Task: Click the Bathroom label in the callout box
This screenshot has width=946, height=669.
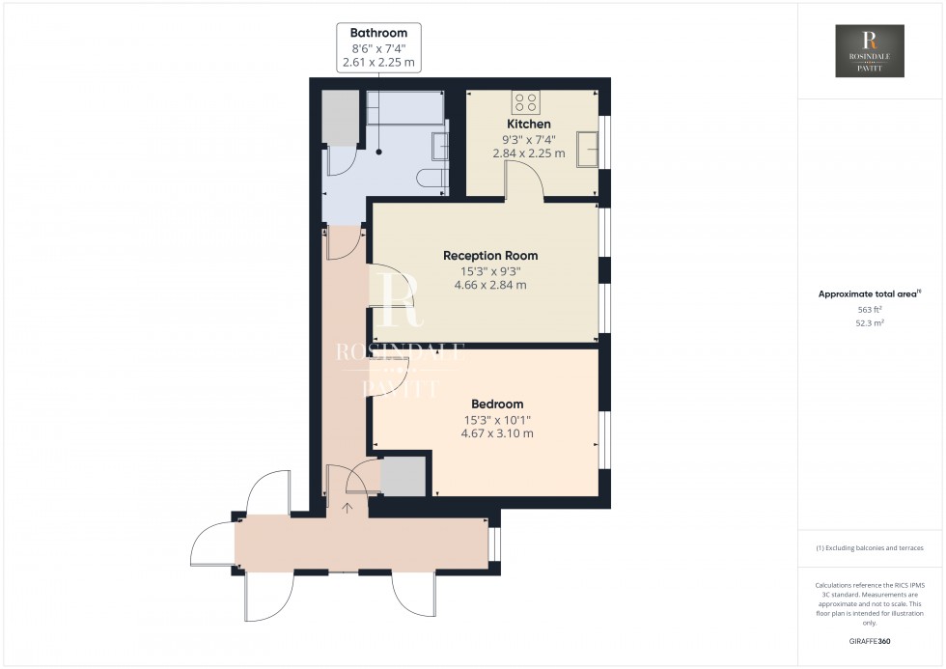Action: pyautogui.click(x=379, y=33)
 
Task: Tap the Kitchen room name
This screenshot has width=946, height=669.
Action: pyautogui.click(x=529, y=125)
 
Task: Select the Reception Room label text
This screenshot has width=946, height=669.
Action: pyautogui.click(x=489, y=256)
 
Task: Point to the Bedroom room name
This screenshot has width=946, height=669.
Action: pyautogui.click(x=497, y=404)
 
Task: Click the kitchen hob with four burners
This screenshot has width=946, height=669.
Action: pyautogui.click(x=525, y=101)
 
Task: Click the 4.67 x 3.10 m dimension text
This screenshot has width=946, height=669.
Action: pyautogui.click(x=497, y=433)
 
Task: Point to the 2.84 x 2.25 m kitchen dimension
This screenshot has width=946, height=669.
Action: pyautogui.click(x=529, y=153)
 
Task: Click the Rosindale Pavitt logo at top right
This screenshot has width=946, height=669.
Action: pyautogui.click(x=870, y=51)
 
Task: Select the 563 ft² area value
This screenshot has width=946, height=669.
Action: pyautogui.click(x=870, y=309)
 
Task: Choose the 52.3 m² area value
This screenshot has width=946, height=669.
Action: pyautogui.click(x=870, y=323)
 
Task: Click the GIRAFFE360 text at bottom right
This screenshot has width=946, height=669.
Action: pyautogui.click(x=870, y=641)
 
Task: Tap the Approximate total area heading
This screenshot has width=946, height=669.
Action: pyautogui.click(x=870, y=293)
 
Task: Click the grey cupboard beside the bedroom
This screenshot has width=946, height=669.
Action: pyautogui.click(x=403, y=476)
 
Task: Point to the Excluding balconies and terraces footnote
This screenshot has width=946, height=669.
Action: pyautogui.click(x=870, y=547)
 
